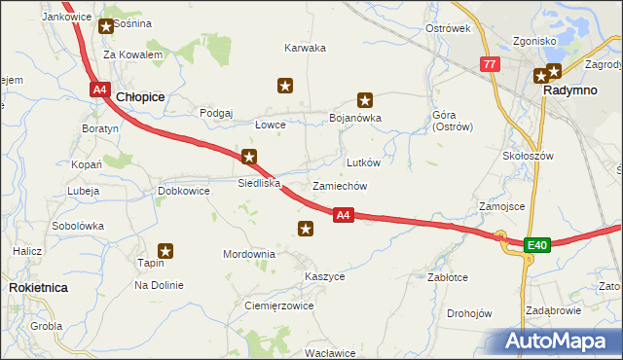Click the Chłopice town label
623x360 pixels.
click(140, 97)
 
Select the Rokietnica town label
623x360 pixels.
click(37, 288)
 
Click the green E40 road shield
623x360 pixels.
click(537, 245)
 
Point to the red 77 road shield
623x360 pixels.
click(490, 64)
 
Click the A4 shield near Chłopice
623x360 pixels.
click(99, 90)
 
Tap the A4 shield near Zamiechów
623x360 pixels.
click(342, 215)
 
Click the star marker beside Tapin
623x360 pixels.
click(165, 251)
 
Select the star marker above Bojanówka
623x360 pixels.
click(365, 99)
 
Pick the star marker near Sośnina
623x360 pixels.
click(105, 26)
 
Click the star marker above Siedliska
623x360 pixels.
click(249, 157)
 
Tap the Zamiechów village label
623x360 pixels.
click(339, 185)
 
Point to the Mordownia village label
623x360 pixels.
click(249, 254)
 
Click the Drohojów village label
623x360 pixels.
click(469, 313)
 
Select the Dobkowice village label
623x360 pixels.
click(184, 191)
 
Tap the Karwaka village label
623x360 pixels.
click(305, 48)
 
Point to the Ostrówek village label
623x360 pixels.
click(448, 28)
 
